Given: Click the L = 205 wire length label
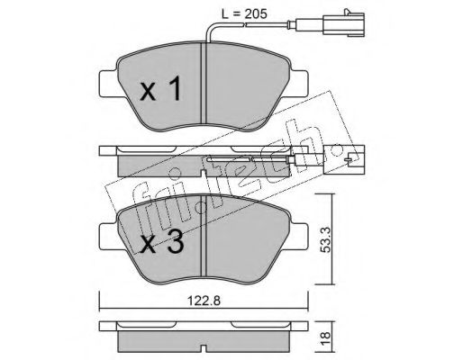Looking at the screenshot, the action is coord(244,13).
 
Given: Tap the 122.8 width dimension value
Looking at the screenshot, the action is coord(204,301).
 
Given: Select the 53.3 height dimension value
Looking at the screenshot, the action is coord(325,239).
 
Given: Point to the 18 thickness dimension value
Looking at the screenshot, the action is coord(325,338).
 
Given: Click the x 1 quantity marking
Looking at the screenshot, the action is coord(160,88).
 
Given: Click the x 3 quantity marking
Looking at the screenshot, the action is coord(162,242).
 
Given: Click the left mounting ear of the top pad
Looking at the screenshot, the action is coord(108,84).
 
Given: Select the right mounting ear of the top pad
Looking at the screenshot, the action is coord(299,84).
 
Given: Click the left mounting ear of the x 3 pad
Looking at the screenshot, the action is coord(108,237).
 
